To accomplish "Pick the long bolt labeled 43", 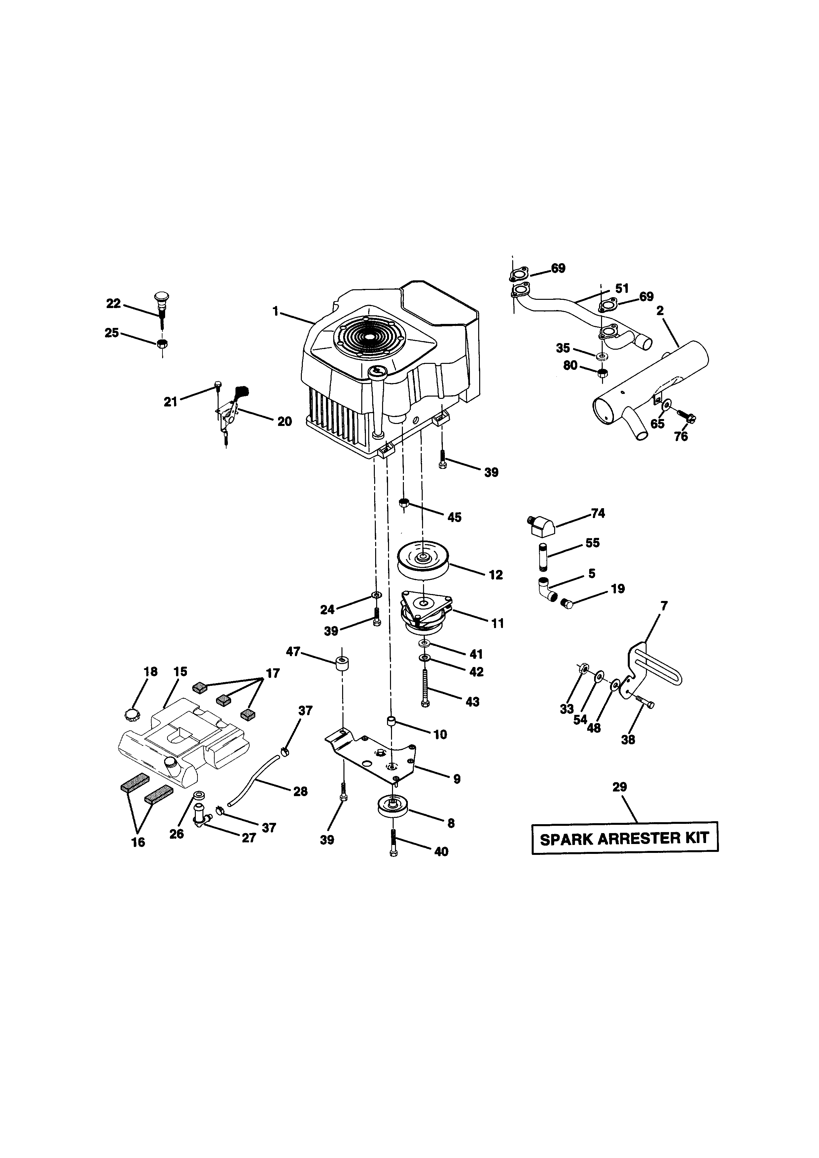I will pyautogui.click(x=425, y=687).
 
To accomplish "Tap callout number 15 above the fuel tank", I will pyautogui.click(x=180, y=671).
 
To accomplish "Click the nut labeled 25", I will pyautogui.click(x=162, y=344).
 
